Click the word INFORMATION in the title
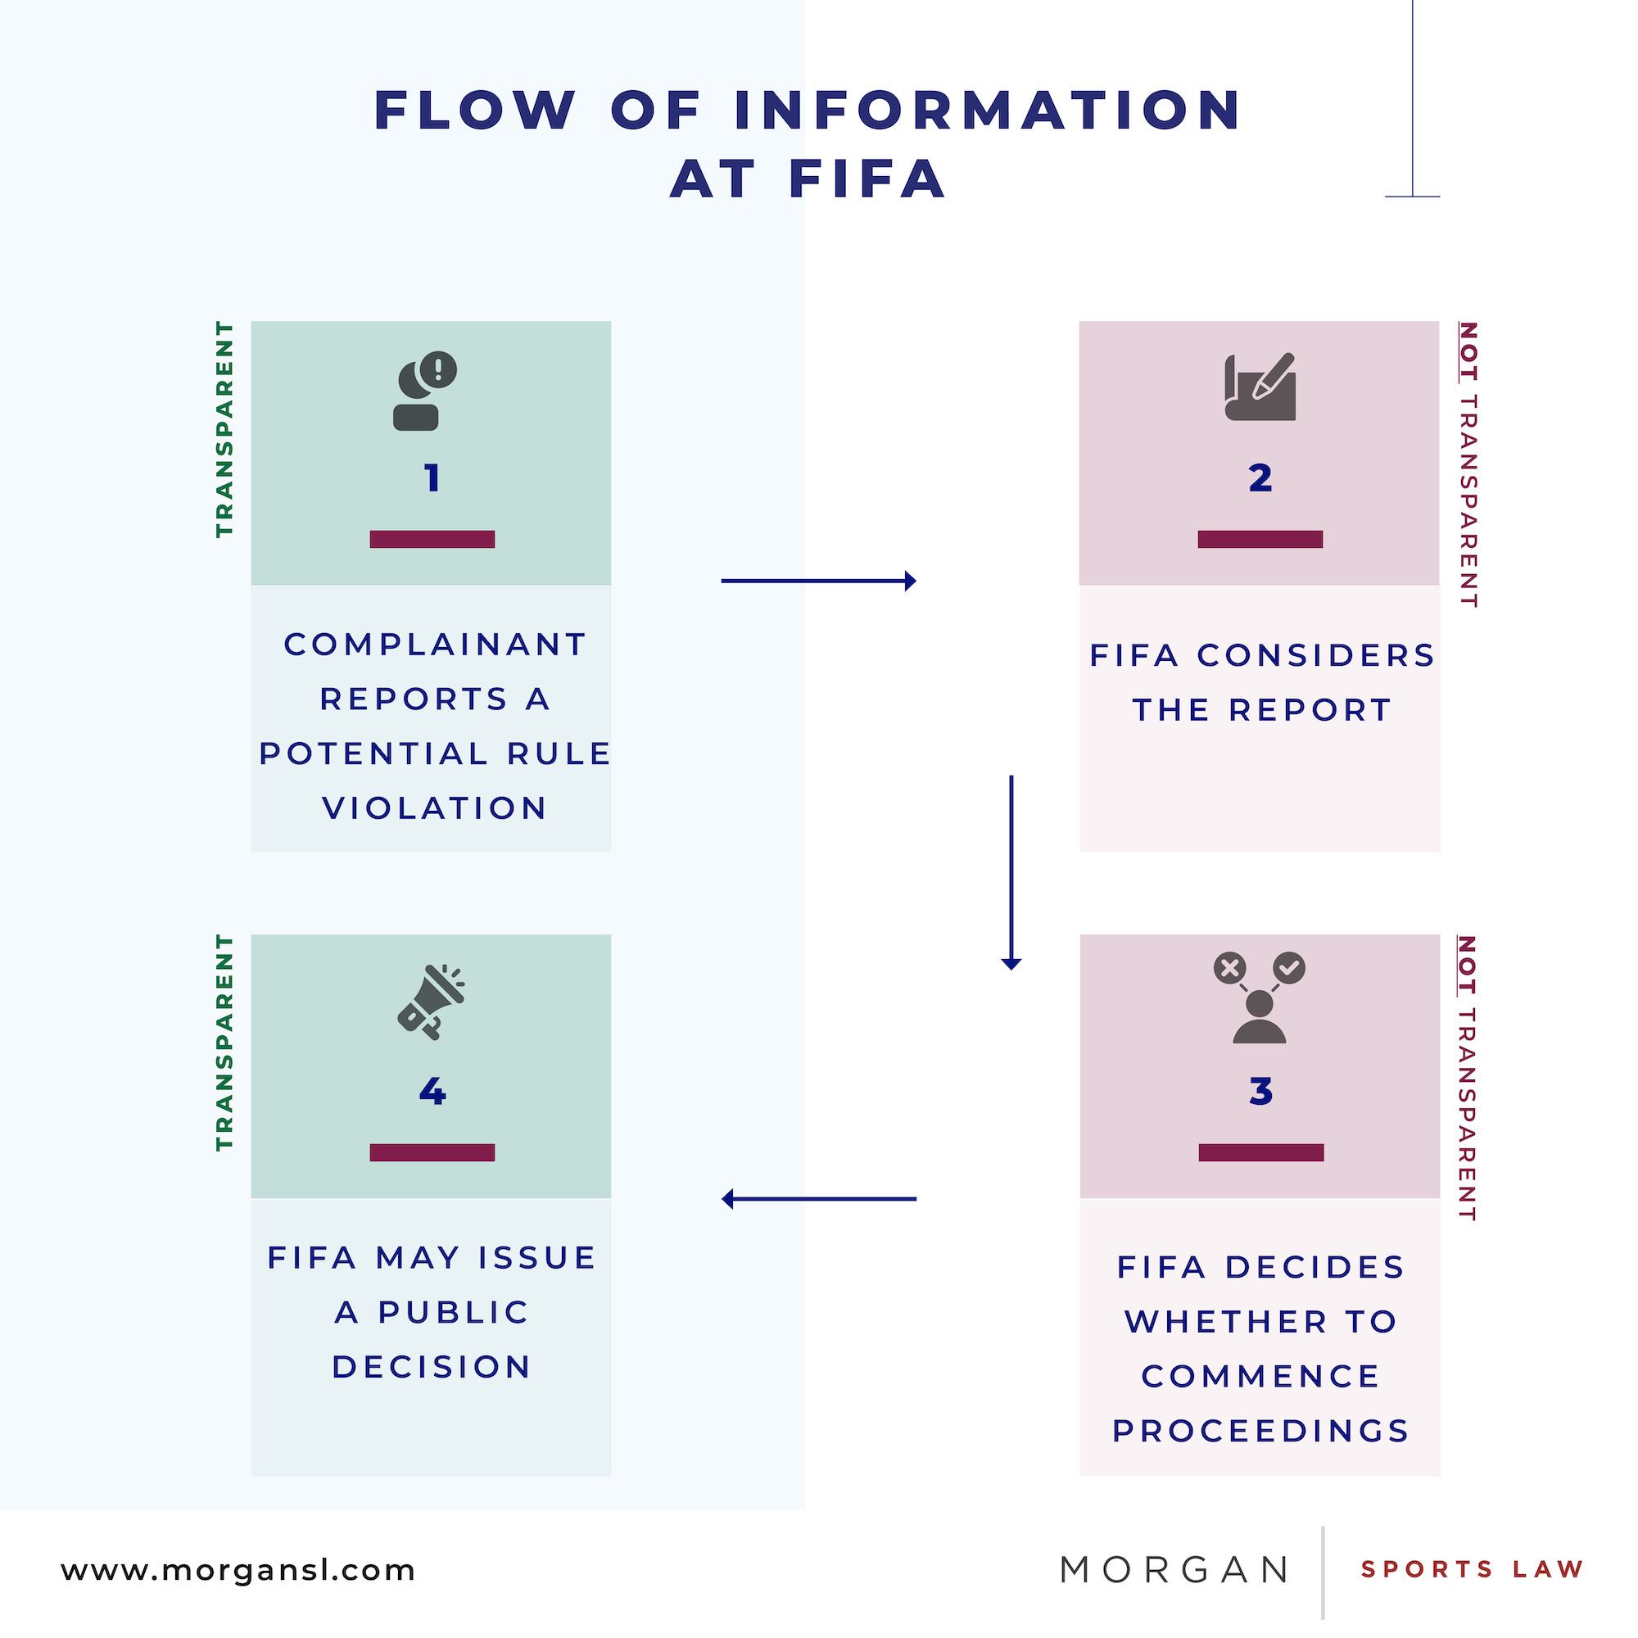click(x=988, y=111)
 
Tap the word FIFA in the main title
click(x=867, y=179)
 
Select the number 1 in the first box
click(x=432, y=478)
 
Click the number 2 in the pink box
click(x=1260, y=478)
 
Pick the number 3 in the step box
click(x=1260, y=1091)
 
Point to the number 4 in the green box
click(x=432, y=1091)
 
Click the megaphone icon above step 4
click(x=432, y=1002)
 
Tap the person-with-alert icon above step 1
click(x=424, y=391)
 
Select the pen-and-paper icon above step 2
click(x=1260, y=387)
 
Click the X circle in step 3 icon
click(x=1229, y=967)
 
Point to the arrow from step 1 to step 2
click(x=818, y=581)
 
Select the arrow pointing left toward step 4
click(x=818, y=1199)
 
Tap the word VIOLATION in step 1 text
click(x=434, y=808)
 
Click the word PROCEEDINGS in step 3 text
click(x=1260, y=1431)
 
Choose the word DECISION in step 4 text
click(x=432, y=1367)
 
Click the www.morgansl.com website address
click(x=238, y=1570)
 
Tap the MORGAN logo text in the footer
click(x=1174, y=1570)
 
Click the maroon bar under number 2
click(x=1260, y=539)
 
